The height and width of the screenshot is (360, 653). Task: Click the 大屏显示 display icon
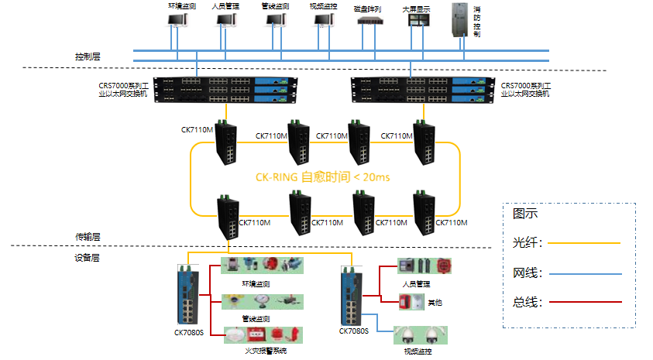416,22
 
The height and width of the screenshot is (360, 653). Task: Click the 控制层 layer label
88,57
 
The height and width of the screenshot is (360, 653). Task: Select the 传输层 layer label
88,237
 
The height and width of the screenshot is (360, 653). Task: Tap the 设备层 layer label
88,258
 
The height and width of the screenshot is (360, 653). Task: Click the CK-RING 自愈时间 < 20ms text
322,177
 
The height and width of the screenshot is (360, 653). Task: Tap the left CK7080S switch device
189,294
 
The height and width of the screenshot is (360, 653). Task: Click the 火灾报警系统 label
266,351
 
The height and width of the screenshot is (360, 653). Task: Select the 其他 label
435,303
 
